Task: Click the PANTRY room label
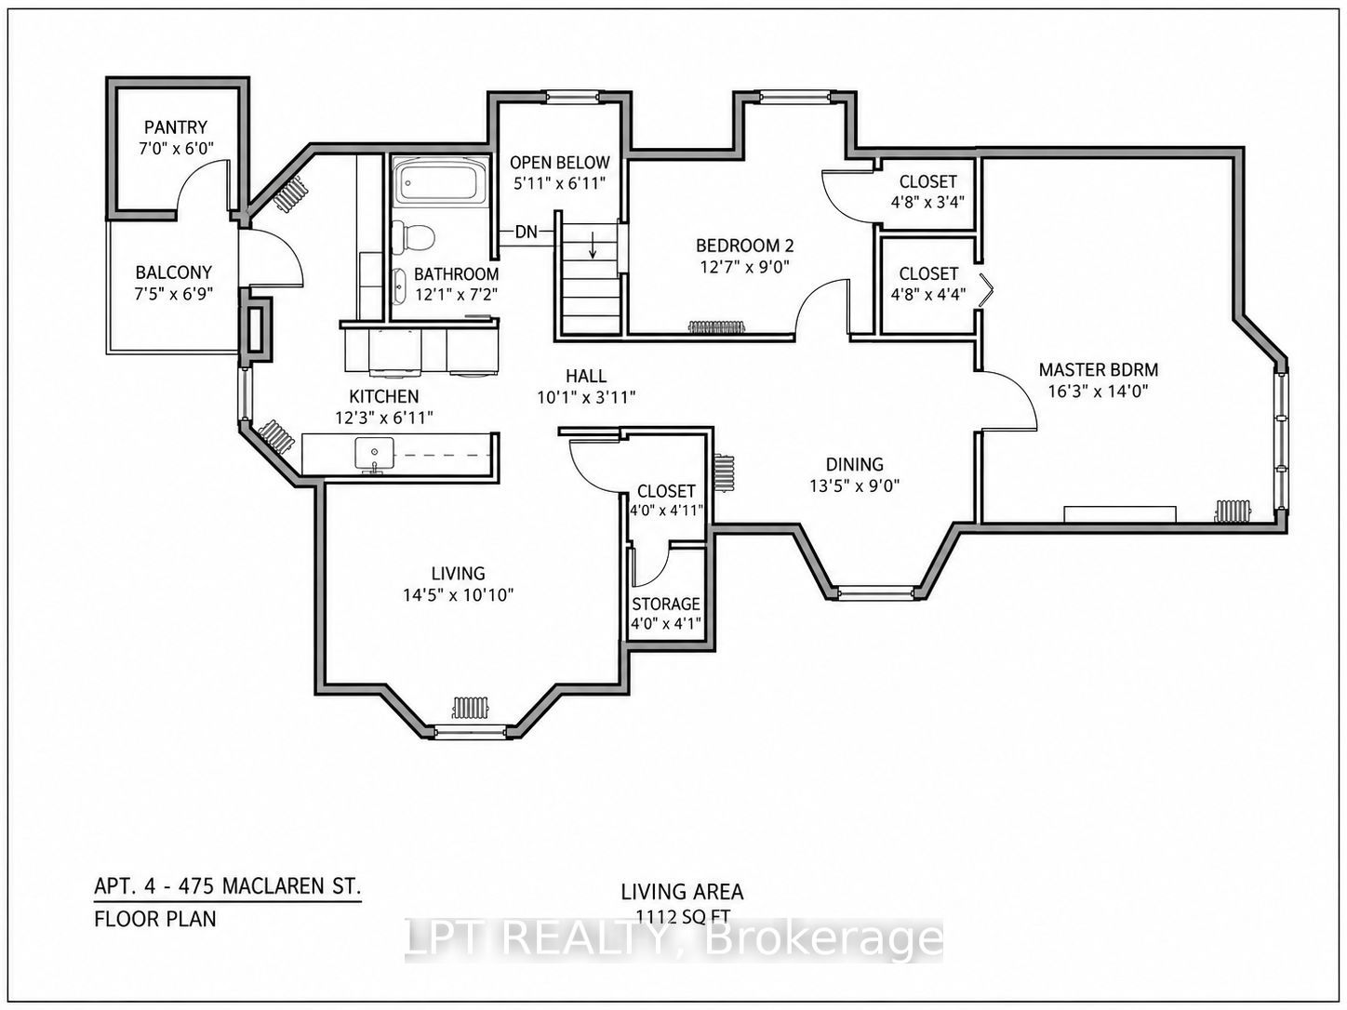click(x=176, y=126)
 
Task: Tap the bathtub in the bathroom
click(x=441, y=179)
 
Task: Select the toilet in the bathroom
click(x=413, y=236)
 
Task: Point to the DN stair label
click(x=526, y=232)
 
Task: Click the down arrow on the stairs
click(x=593, y=246)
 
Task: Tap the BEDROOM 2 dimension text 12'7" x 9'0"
click(x=744, y=267)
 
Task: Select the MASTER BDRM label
click(x=1099, y=370)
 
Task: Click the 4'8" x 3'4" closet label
click(x=927, y=202)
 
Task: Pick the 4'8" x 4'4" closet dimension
click(x=927, y=294)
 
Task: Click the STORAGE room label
click(x=666, y=604)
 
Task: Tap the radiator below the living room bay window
click(x=470, y=707)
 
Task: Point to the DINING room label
click(x=854, y=464)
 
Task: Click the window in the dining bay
click(x=875, y=592)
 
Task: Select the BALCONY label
click(x=174, y=272)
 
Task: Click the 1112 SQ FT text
click(x=683, y=917)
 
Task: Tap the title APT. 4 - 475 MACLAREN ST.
click(x=228, y=886)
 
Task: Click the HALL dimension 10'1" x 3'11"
click(x=586, y=397)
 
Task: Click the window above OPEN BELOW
click(x=571, y=97)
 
